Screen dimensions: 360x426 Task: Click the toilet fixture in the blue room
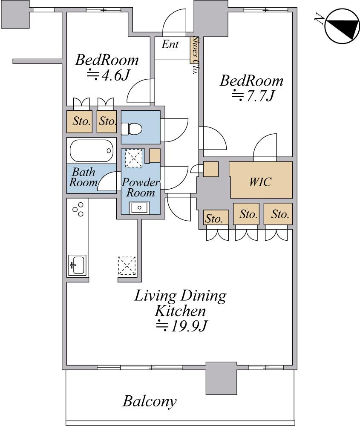131,129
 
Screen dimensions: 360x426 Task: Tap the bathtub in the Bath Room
92,151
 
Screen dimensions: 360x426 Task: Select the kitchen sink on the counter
77,265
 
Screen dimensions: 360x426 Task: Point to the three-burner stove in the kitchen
78,209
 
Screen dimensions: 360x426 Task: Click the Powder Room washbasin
139,208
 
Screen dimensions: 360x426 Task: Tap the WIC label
260,182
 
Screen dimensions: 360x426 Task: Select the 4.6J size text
108,75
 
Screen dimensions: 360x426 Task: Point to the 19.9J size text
182,326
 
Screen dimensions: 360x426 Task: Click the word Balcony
150,402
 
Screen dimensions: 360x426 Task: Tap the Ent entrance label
170,44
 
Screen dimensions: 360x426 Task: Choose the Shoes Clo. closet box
194,50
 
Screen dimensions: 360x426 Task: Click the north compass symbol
342,26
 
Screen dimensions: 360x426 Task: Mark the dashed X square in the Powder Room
134,158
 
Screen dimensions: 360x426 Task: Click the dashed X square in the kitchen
127,265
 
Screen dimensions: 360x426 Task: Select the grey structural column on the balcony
221,378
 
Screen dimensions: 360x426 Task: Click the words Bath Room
83,177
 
